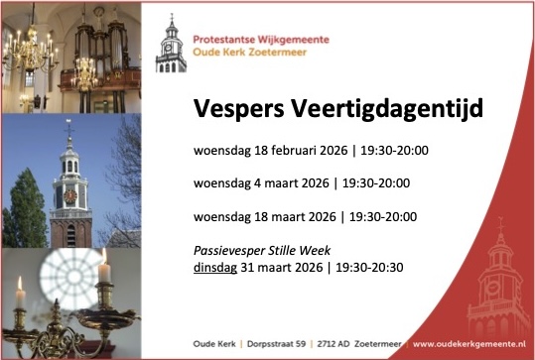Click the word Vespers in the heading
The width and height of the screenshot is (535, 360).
239,109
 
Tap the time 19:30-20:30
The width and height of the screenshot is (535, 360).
369,268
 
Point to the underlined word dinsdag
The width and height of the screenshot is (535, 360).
215,268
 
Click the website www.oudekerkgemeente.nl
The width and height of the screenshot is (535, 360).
468,343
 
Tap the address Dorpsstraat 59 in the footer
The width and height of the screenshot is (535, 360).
276,343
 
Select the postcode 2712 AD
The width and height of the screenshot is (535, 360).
334,343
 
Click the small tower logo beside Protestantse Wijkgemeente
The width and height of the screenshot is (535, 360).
171,44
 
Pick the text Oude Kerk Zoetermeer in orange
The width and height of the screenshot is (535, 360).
250,53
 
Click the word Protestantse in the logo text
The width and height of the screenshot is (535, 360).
224,40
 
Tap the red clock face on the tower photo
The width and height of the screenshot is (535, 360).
70,196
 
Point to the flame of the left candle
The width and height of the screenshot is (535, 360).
20,283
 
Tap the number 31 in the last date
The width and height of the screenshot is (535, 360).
247,268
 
